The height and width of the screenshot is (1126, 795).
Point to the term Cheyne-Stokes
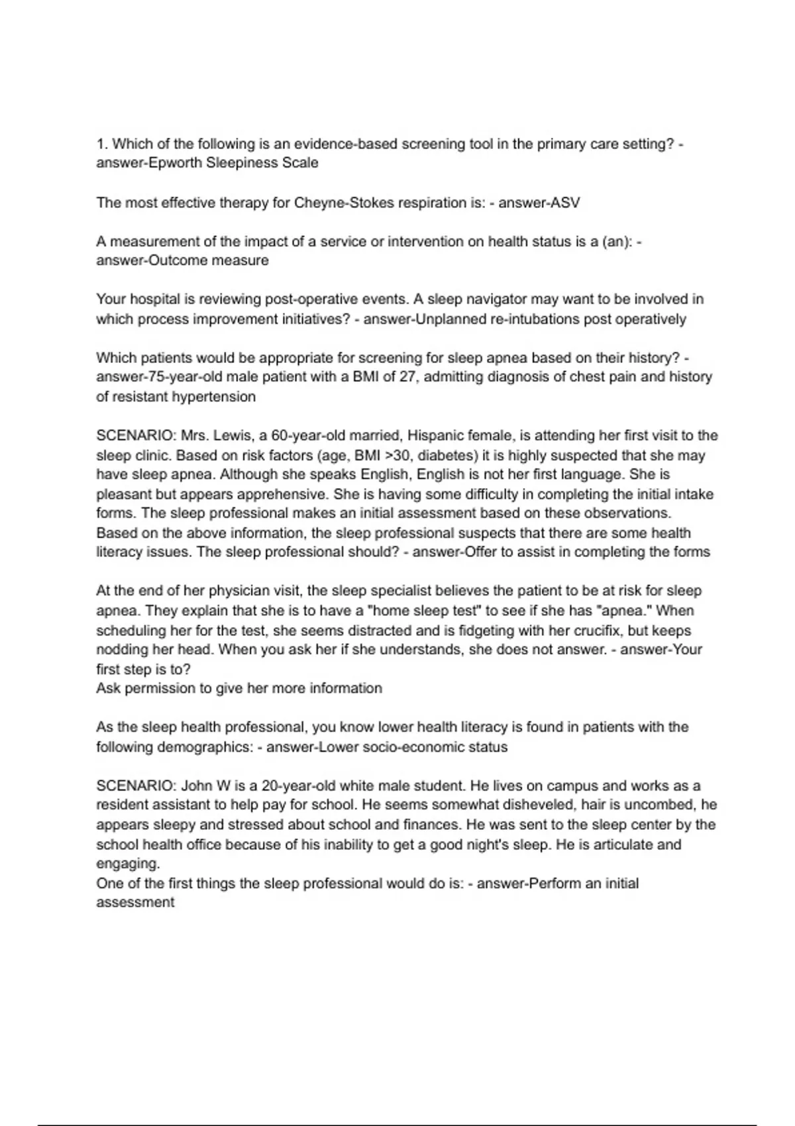click(343, 203)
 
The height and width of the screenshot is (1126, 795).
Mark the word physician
click(207, 591)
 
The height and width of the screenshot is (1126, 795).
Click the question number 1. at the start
click(101, 144)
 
